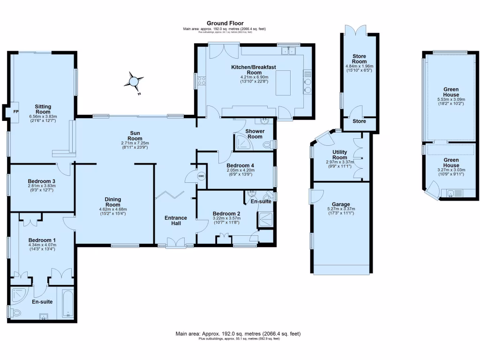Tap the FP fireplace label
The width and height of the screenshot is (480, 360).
tap(15, 112)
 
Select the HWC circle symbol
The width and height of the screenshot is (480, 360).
tap(202, 176)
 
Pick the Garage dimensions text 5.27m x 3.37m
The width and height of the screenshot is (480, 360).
tap(341, 209)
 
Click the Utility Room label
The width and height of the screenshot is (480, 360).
tap(340, 155)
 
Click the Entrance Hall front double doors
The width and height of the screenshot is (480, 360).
tap(176, 242)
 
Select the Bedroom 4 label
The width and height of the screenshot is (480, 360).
tap(240, 165)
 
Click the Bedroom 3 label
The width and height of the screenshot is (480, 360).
tap(42, 181)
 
